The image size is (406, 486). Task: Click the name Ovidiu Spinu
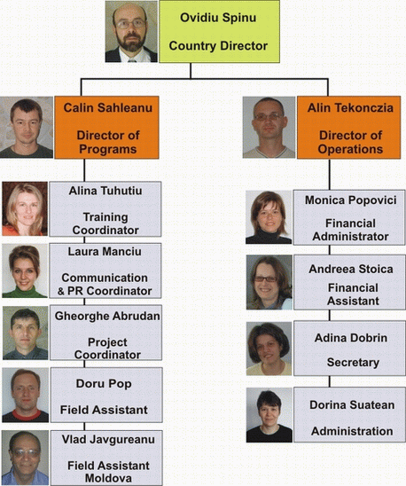pos(218,18)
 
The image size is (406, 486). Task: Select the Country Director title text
pos(218,46)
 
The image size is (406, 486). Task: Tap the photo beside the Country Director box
pos(131,32)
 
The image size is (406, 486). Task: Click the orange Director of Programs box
pos(107,128)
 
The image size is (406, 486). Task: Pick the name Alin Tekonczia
pos(350,108)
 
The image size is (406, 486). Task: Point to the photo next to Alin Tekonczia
pos(269,128)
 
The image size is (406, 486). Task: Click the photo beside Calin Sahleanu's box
pos(27,128)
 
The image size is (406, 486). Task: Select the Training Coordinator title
pos(105,223)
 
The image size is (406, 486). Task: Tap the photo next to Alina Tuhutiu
pos(25,209)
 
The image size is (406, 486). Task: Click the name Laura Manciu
pos(105,251)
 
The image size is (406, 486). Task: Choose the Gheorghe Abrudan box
pos(106,333)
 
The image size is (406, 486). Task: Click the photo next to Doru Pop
pos(26,396)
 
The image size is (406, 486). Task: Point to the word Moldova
pos(108,478)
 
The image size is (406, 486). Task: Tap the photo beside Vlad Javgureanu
pos(26,458)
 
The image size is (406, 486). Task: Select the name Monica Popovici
pos(350,200)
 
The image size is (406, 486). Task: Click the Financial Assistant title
pos(353,294)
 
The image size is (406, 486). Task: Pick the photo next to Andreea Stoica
pos(269,282)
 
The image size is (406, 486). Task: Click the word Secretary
pos(353,363)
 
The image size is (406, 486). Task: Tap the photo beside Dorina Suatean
pos(269,415)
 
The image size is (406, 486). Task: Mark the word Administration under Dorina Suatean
pos(352,431)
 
